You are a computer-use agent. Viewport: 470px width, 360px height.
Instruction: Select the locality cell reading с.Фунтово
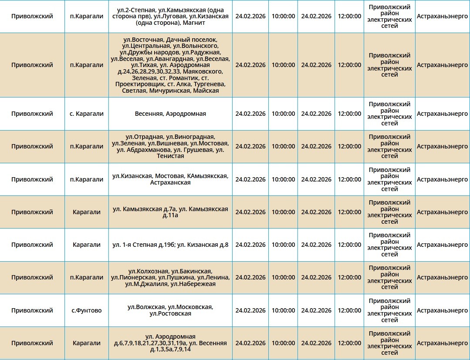pyautogui.click(x=87, y=310)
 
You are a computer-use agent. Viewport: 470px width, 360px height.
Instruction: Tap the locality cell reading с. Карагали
pyautogui.click(x=87, y=114)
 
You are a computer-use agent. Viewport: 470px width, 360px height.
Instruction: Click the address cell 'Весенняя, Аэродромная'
pyautogui.click(x=170, y=114)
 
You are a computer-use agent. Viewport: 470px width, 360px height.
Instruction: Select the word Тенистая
pyautogui.click(x=170, y=156)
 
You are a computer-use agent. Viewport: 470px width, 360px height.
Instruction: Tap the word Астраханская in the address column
pyautogui.click(x=170, y=182)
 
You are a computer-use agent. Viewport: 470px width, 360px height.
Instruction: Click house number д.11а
pyautogui.click(x=170, y=215)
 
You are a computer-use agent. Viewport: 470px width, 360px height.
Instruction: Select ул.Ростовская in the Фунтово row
pyautogui.click(x=170, y=313)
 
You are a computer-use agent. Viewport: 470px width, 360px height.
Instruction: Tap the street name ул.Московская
pyautogui.click(x=191, y=307)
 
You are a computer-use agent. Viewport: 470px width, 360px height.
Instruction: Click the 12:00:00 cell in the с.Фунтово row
pyautogui.click(x=349, y=310)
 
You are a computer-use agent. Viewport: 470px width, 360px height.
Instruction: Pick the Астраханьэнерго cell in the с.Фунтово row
pyautogui.click(x=442, y=310)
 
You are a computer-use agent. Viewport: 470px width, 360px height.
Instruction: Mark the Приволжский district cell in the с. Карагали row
pyautogui.click(x=32, y=114)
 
